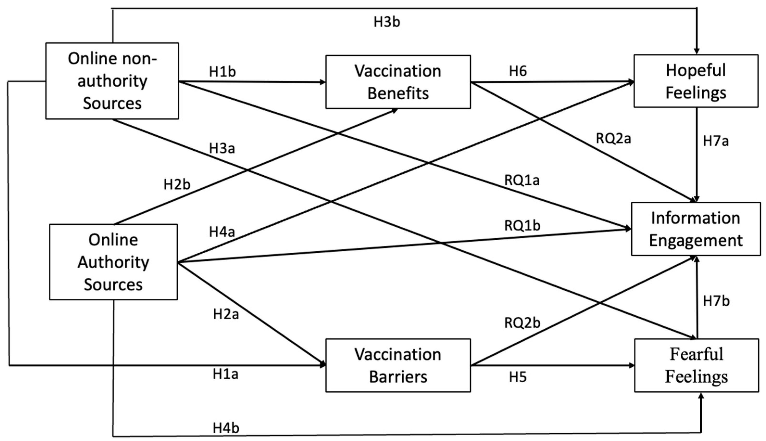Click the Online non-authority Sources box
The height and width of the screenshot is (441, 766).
pos(112,81)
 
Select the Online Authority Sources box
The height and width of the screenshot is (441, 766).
pos(113,262)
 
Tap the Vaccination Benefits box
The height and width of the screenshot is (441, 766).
pos(398,82)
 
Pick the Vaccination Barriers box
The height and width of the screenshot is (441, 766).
pos(398,365)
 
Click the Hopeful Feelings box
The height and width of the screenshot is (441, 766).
pos(696,81)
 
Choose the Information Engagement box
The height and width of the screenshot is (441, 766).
pos(696,229)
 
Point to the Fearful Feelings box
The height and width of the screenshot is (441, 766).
pos(697,365)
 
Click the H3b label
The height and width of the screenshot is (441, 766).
pos(387,22)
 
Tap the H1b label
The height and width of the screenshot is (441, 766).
pos(222,71)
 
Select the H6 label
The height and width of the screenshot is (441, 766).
pos(518,71)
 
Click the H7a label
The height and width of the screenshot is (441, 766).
pos(716,141)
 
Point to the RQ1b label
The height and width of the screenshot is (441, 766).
pos(522,226)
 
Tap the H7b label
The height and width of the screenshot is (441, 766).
pos(716,301)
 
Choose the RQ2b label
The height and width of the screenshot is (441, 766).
pos(522,323)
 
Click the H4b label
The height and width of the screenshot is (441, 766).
pos(226,428)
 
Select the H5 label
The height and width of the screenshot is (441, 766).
pos(518,377)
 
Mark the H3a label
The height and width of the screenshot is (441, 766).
pos(222,149)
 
